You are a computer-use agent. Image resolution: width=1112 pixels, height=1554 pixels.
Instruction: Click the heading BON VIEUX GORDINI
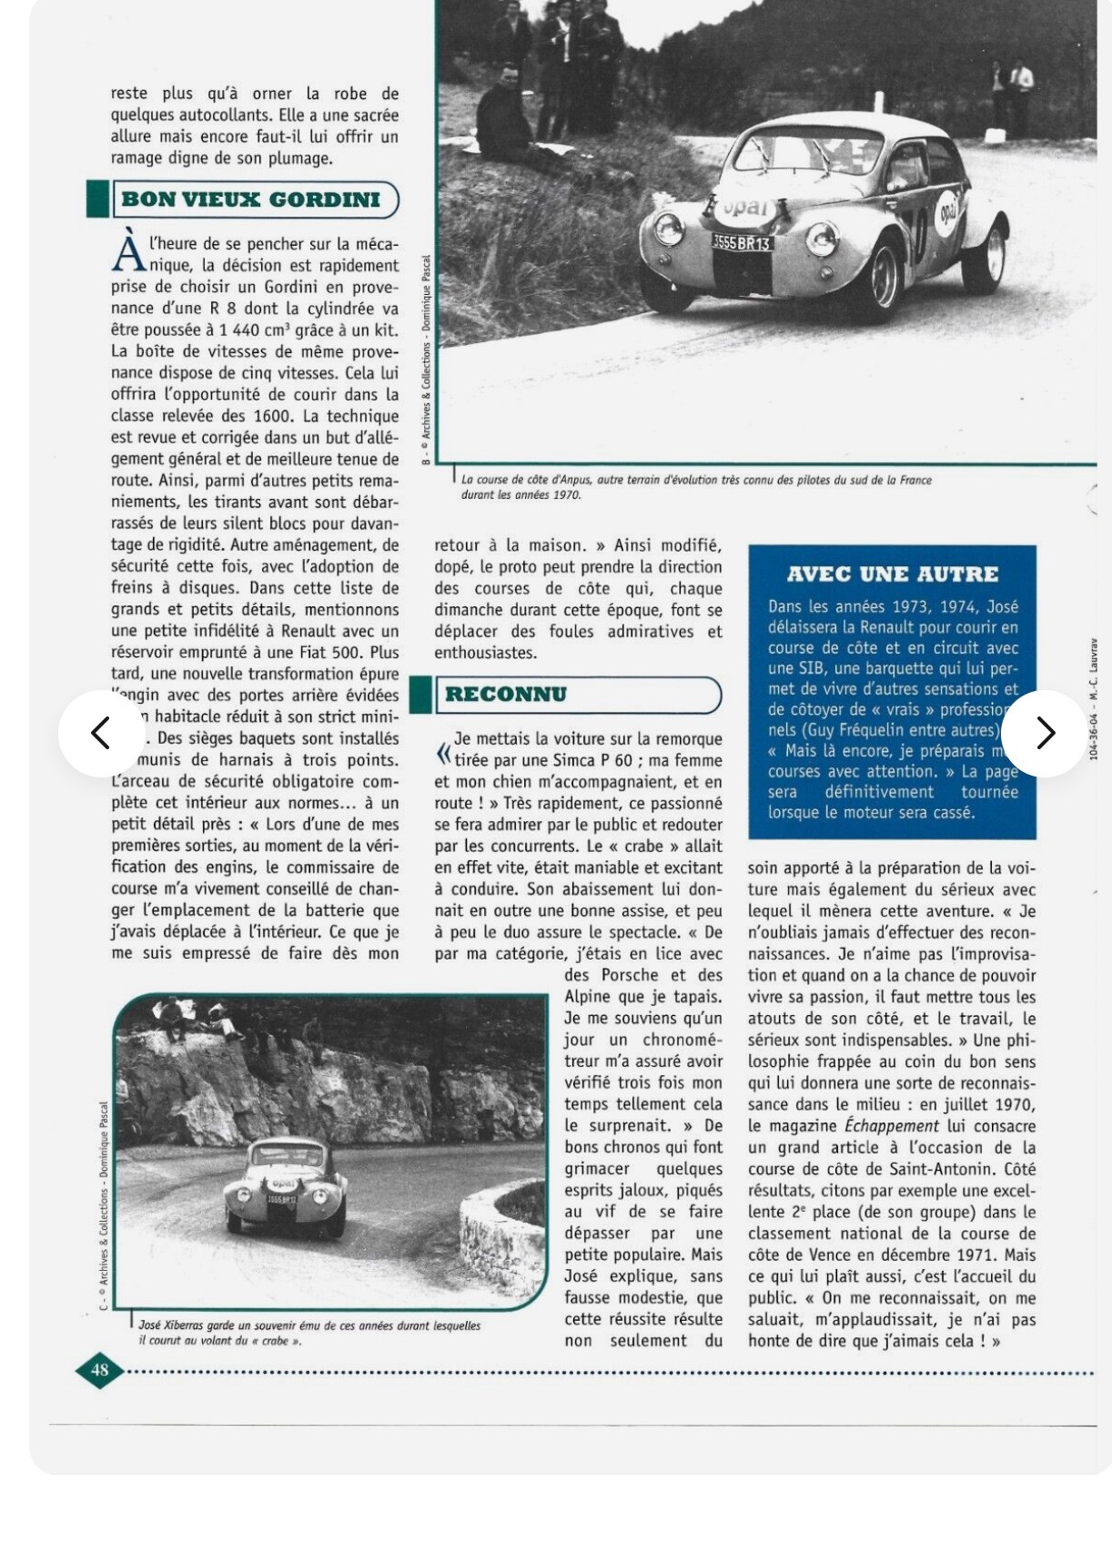tap(250, 199)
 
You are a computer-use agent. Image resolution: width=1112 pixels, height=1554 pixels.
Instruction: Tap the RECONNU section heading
tap(506, 695)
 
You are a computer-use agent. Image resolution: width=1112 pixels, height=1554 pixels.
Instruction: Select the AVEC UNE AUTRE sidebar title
tap(892, 574)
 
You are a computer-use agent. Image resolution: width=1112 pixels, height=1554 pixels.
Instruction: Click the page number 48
tap(99, 1369)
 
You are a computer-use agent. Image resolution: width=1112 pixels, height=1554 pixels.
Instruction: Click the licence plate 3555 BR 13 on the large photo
tap(742, 243)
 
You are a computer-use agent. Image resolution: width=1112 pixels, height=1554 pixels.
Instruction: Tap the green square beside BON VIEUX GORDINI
tap(96, 199)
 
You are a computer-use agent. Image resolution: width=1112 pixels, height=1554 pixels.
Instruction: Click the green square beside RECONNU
tap(420, 695)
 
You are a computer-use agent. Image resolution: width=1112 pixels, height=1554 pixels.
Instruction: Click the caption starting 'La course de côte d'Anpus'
tap(696, 486)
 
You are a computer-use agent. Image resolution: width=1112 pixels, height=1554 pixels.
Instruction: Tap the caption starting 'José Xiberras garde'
tap(309, 1333)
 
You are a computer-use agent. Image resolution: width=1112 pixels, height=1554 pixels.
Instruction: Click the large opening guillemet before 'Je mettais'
tap(442, 752)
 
